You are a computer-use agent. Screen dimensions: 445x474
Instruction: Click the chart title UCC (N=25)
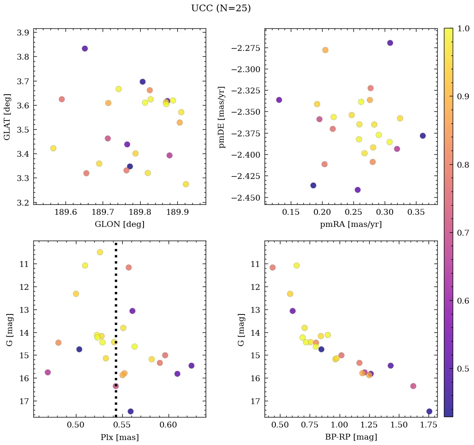(x=221, y=8)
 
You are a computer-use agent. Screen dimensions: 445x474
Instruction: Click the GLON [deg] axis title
(x=120, y=224)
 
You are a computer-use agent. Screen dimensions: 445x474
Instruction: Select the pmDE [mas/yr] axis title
(x=222, y=117)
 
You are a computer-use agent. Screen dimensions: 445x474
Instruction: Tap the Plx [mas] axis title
(x=120, y=437)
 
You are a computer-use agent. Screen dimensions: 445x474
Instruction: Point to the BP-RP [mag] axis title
(x=351, y=437)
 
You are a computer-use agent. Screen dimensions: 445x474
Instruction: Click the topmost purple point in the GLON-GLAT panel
(x=85, y=48)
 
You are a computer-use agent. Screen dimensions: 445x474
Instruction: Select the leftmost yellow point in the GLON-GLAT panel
(x=53, y=148)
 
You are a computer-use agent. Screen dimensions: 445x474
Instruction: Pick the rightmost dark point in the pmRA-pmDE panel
(x=423, y=136)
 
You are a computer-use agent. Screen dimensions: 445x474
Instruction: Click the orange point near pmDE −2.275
(x=325, y=50)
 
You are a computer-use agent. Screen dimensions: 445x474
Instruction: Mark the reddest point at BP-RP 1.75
(x=429, y=411)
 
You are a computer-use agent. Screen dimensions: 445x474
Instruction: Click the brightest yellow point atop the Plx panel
(x=100, y=252)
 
